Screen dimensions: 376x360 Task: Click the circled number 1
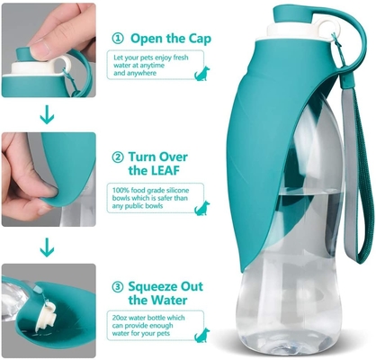point(118,39)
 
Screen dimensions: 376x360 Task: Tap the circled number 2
point(118,157)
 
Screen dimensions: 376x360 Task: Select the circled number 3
point(118,287)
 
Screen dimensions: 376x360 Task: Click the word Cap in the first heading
point(200,39)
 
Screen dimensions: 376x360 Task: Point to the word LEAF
point(164,170)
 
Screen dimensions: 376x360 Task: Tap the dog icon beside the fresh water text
point(201,74)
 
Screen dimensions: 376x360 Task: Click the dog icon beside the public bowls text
point(201,208)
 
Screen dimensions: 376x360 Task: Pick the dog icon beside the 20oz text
point(201,335)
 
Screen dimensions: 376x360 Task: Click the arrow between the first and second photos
point(47,114)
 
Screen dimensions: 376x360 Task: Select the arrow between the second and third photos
point(47,247)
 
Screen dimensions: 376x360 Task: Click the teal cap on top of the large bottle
point(293,14)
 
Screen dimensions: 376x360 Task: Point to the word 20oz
point(120,318)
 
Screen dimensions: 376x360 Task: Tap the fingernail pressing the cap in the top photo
point(40,49)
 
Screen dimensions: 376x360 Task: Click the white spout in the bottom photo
point(46,316)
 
